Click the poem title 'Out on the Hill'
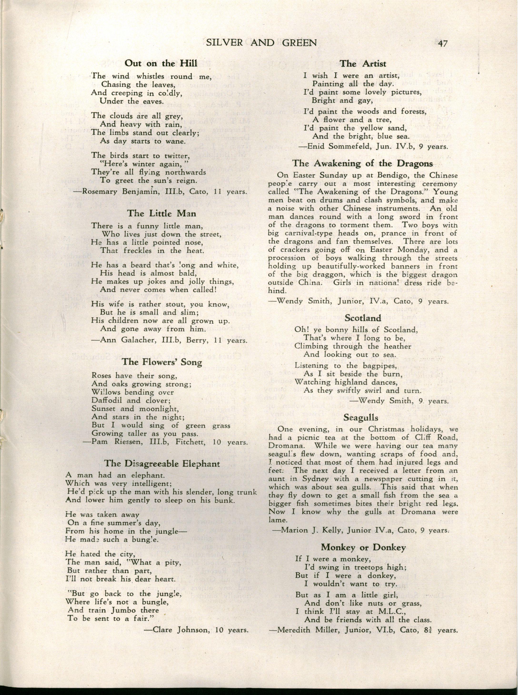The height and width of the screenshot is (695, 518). [161, 63]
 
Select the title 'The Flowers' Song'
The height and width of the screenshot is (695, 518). [162, 362]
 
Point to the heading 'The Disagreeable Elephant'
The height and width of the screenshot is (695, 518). [162, 463]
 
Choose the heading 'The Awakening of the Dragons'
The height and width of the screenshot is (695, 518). [363, 163]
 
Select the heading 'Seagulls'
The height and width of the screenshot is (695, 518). [361, 417]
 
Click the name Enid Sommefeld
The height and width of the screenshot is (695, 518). [338, 146]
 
